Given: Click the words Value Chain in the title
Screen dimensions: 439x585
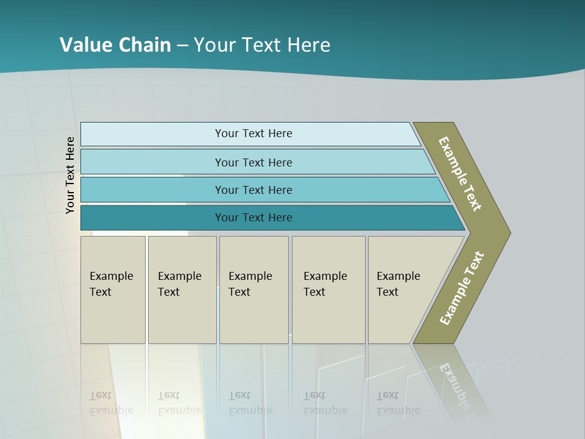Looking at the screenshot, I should click(x=115, y=45).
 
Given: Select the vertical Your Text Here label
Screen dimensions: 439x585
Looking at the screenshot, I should click(x=70, y=175).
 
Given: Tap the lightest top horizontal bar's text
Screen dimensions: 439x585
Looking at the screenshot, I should click(x=253, y=134).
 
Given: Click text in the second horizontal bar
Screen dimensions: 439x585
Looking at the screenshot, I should click(x=253, y=163).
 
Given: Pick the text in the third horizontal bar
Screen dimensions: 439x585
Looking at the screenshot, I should click(x=253, y=190).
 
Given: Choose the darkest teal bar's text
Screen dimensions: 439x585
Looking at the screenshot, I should click(x=253, y=218).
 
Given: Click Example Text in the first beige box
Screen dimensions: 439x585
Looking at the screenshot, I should click(x=111, y=284).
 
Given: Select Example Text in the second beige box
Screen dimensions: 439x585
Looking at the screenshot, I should click(x=179, y=284).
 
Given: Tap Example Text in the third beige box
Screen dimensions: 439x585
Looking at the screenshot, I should click(x=250, y=284).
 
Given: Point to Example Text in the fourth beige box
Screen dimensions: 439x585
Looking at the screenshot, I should click(x=325, y=284).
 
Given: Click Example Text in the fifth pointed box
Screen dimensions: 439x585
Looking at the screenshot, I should click(x=398, y=284).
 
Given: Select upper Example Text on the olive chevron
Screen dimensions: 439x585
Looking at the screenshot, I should click(x=460, y=174).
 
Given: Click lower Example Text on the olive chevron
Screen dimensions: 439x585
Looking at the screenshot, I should click(x=462, y=288).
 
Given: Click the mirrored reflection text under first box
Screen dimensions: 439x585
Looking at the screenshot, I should click(x=111, y=403).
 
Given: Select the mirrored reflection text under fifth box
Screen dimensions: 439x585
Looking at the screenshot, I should click(x=398, y=403).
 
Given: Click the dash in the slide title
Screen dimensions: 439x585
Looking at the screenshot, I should click(x=182, y=46).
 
